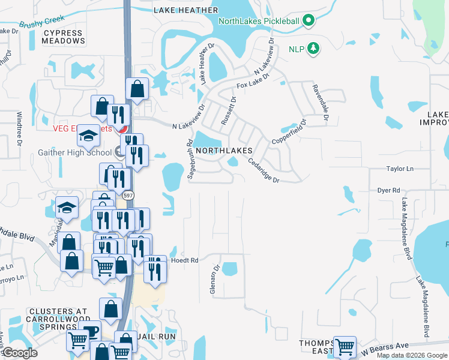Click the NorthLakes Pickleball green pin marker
click(x=309, y=21)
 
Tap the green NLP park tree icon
click(x=312, y=48)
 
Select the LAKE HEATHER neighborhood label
click(x=185, y=10)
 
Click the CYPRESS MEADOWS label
click(x=64, y=37)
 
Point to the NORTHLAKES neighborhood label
click(x=223, y=151)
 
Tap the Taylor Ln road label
click(x=400, y=169)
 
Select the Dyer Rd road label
click(x=388, y=190)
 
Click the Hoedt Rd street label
click(x=185, y=260)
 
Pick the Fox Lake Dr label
click(x=253, y=82)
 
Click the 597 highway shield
click(x=130, y=196)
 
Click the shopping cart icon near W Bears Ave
click(x=345, y=346)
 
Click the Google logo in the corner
click(x=20, y=353)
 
